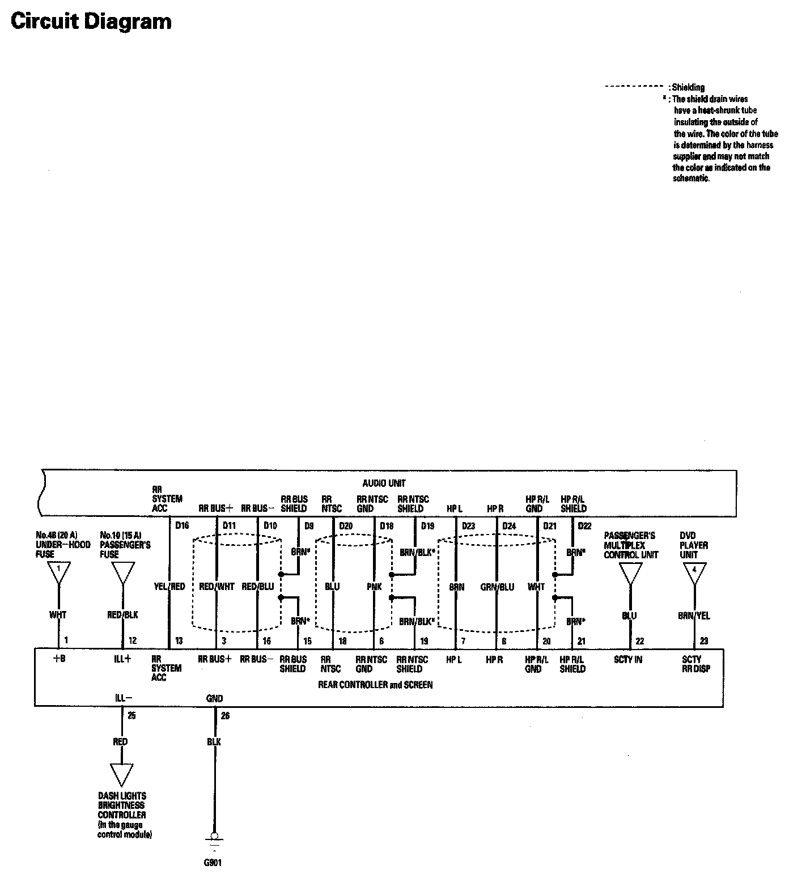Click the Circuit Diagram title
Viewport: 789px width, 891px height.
(x=91, y=22)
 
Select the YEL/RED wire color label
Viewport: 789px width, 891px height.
(x=169, y=587)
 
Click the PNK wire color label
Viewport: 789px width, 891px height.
(x=374, y=587)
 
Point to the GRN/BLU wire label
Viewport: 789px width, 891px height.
(x=497, y=587)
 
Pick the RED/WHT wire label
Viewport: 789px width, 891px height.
(x=217, y=587)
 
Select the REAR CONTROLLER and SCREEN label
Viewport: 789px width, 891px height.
(x=375, y=685)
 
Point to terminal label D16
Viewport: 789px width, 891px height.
(x=182, y=525)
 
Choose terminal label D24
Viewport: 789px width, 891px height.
(x=509, y=525)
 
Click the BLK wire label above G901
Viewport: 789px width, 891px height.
(x=214, y=741)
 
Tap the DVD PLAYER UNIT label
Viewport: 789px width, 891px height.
(x=694, y=545)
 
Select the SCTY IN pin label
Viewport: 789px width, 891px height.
(x=628, y=660)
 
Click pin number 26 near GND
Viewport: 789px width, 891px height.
(x=225, y=716)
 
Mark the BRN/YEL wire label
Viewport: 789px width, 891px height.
(x=694, y=616)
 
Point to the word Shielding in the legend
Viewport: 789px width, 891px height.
(x=688, y=87)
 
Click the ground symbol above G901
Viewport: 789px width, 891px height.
(x=214, y=839)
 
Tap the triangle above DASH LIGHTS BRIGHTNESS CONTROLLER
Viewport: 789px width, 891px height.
(x=121, y=774)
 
